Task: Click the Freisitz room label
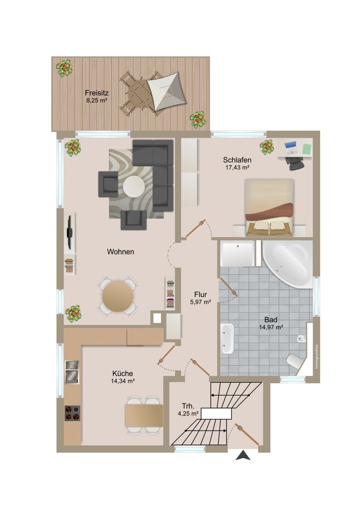click(97, 93)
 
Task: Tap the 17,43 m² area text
click(237, 168)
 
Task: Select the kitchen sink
click(72, 372)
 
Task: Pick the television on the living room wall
click(70, 233)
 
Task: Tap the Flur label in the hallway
click(200, 294)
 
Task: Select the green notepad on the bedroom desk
click(307, 148)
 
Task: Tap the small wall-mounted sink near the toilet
click(300, 339)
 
